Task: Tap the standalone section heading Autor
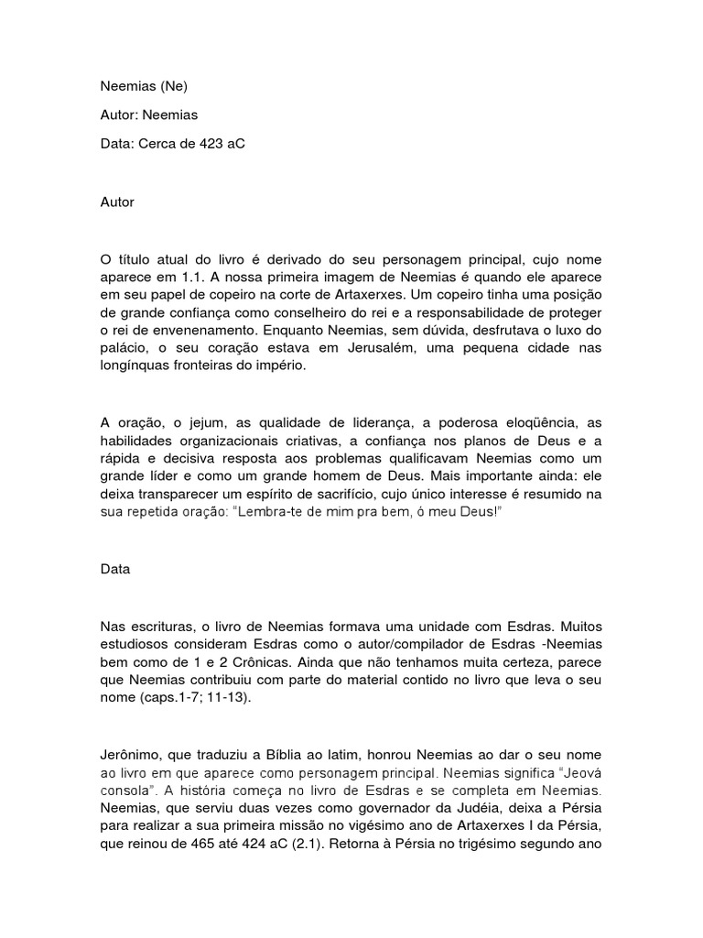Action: click(x=117, y=202)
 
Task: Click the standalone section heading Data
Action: click(x=115, y=569)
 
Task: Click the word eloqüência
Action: click(x=528, y=422)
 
